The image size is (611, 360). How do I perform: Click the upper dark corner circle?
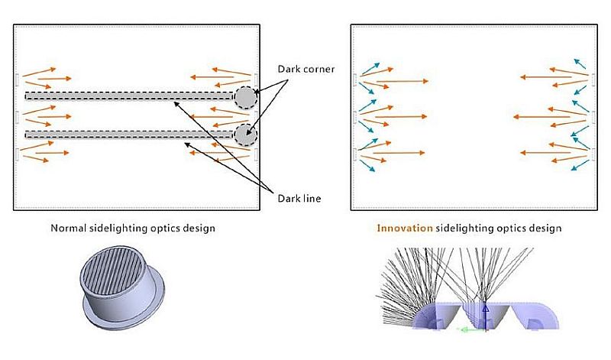pyautogui.click(x=245, y=97)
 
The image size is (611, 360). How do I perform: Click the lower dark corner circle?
pyautogui.click(x=245, y=135)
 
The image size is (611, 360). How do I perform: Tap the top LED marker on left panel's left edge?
pyautogui.click(x=17, y=79)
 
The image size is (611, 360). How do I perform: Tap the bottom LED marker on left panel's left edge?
pyautogui.click(x=17, y=154)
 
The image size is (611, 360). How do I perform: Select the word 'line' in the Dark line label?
pyautogui.click(x=311, y=199)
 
